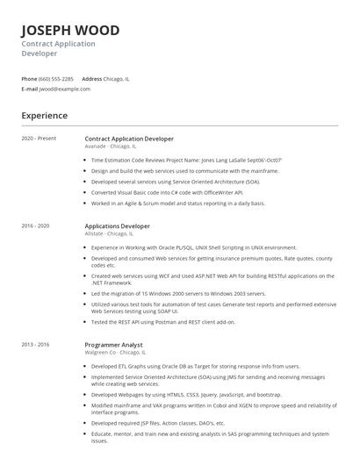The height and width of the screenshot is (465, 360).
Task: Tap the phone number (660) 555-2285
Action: pos(56,78)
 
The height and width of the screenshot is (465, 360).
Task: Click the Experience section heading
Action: pos(45,116)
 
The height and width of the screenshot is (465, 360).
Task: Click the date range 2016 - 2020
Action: pos(36,226)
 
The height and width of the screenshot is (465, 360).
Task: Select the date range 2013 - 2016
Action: pos(36,346)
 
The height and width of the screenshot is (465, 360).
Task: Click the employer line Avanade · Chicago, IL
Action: pos(111,147)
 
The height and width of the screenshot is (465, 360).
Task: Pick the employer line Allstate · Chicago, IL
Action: pos(110,234)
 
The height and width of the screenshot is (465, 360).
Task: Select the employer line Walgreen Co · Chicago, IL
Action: pos(115,354)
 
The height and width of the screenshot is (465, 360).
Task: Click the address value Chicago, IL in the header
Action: pos(117,78)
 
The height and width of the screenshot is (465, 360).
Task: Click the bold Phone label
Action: pos(29,78)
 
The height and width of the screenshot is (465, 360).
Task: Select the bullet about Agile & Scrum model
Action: pos(178,203)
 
